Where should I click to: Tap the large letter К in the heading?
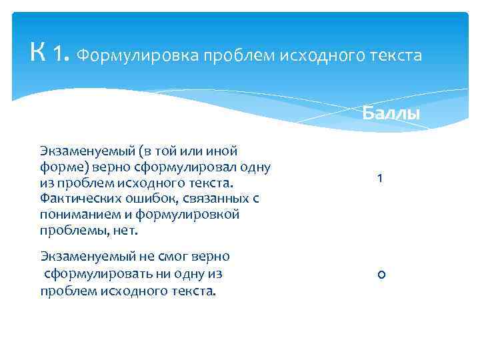38,51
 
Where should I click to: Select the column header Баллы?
391,113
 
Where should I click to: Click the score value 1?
379,179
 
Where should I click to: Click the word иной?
223,151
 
